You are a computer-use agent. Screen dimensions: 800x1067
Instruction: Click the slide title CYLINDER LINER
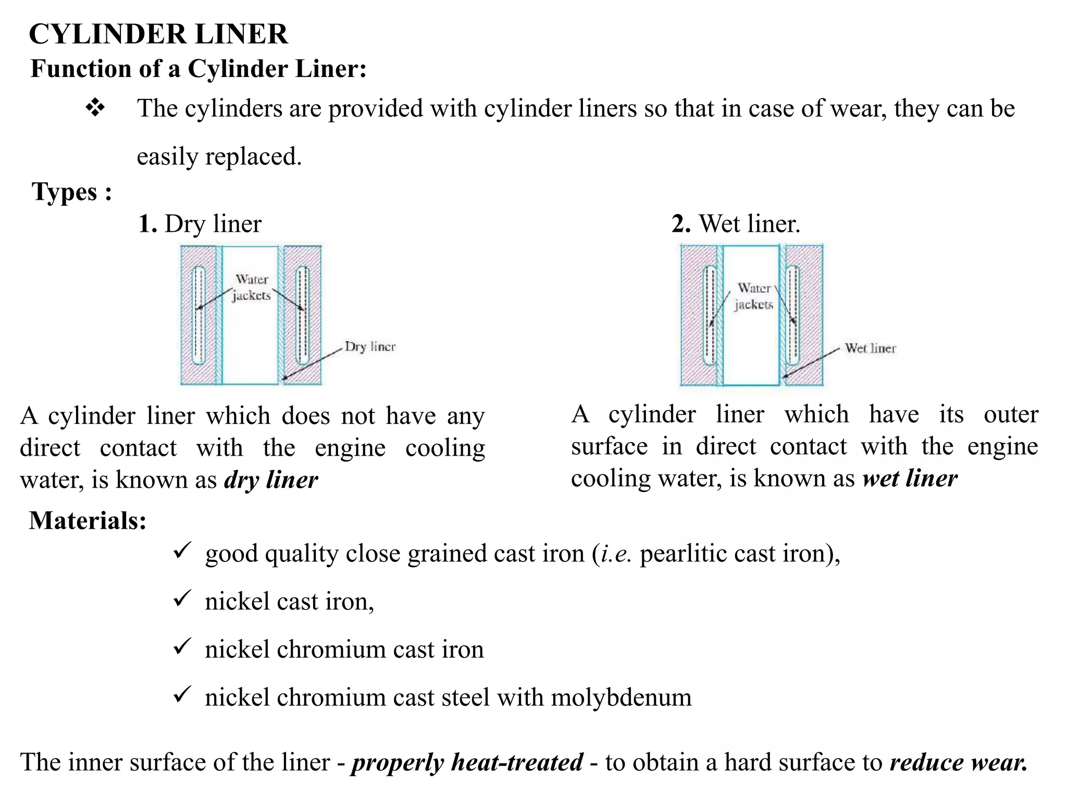tap(158, 34)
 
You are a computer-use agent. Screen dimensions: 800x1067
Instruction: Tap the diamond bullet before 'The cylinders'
tap(95, 108)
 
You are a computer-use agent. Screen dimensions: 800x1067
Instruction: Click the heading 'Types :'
tap(72, 192)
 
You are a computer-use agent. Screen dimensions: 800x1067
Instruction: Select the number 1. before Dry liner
tap(147, 224)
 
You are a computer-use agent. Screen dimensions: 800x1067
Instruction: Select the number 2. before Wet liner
tap(681, 224)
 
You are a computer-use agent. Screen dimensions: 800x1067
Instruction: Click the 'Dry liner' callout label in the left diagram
tap(370, 347)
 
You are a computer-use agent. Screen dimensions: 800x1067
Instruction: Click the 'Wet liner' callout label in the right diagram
tap(870, 348)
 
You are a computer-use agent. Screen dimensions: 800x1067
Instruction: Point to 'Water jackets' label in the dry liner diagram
tap(252, 287)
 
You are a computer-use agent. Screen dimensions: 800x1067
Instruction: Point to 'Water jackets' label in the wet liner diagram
tap(754, 296)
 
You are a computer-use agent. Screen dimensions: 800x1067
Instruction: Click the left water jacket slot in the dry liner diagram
tap(198, 315)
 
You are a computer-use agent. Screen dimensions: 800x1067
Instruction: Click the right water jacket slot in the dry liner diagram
tap(302, 315)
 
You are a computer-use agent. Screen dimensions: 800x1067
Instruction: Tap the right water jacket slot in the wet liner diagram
tap(792, 315)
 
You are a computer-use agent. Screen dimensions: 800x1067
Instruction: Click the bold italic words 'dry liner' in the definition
tap(271, 480)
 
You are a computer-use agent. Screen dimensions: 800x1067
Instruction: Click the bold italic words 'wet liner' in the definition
tap(910, 479)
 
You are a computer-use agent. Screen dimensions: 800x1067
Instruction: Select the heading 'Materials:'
tap(88, 520)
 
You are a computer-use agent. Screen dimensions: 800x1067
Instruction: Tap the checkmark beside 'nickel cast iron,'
tap(182, 598)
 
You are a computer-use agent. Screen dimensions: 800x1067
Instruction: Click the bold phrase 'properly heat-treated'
tap(467, 762)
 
